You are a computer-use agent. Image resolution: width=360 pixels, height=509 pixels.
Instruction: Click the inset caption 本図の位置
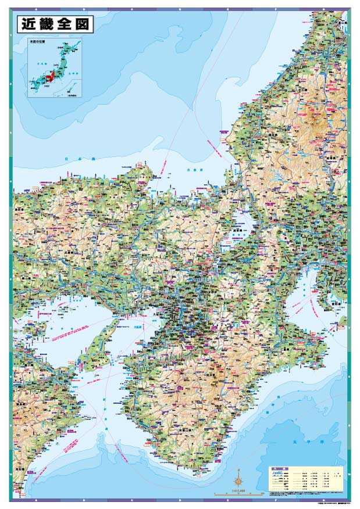(38, 42)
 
